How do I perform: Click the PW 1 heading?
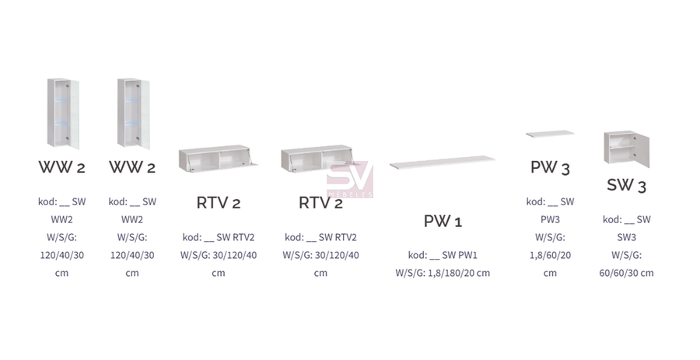pos(443,221)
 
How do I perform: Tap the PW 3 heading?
pos(550,167)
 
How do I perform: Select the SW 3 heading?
pos(626,185)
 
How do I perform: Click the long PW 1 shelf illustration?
pos(443,162)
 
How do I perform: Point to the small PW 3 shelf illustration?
pos(550,134)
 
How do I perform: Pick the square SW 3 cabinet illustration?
pos(626,149)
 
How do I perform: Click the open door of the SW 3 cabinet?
pos(642,150)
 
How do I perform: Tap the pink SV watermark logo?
pos(349,179)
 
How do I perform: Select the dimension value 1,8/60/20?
pos(550,255)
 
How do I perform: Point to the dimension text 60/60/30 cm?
pos(626,273)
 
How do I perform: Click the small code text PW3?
pos(550,219)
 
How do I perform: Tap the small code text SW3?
pos(626,237)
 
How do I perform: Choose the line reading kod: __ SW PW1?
pos(443,255)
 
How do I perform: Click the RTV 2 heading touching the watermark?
pos(320,203)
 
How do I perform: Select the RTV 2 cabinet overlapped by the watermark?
pos(317,159)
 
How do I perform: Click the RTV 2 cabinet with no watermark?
pos(218,159)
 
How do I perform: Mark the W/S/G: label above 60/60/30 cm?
pos(626,255)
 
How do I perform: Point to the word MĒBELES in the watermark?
pos(349,194)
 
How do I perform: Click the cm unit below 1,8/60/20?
pos(550,273)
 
